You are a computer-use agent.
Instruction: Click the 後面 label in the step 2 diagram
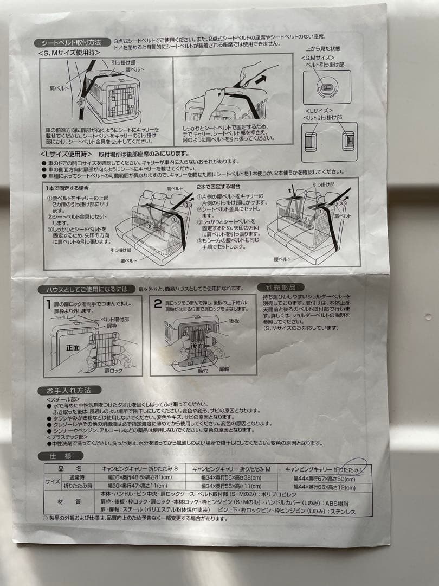pyautogui.click(x=196, y=345)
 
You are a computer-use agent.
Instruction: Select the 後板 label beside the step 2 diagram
pyautogui.click(x=234, y=321)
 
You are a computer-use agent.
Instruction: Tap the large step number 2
pyautogui.click(x=158, y=303)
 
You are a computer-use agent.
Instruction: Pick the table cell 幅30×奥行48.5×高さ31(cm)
pyautogui.click(x=140, y=477)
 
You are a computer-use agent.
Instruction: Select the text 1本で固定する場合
pyautogui.click(x=67, y=187)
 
